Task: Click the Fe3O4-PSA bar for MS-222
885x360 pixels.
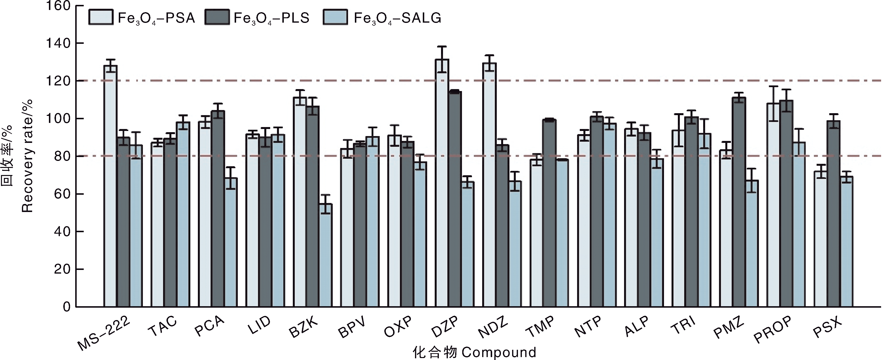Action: click(x=110, y=185)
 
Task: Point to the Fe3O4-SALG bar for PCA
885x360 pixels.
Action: click(x=231, y=242)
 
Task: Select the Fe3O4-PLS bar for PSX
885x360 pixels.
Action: click(x=833, y=213)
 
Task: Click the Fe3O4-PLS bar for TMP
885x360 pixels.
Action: click(x=549, y=213)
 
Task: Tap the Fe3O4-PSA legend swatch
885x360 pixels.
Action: click(x=101, y=17)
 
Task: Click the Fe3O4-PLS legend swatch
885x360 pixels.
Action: click(x=217, y=17)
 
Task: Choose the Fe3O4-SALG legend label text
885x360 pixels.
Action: click(x=397, y=18)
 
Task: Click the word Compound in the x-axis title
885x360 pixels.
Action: click(x=499, y=352)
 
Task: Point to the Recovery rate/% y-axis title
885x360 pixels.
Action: click(x=28, y=156)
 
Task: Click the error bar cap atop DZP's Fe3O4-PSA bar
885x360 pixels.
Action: click(x=442, y=47)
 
